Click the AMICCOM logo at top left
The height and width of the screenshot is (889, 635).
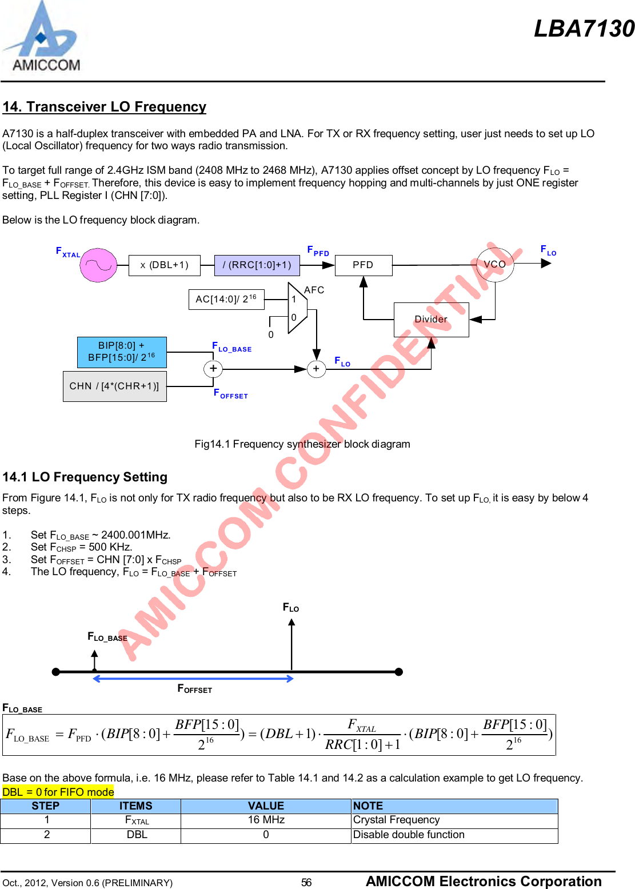(x=41, y=38)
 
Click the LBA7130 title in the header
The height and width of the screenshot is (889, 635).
(x=584, y=29)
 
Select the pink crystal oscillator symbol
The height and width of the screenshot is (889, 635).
(x=98, y=265)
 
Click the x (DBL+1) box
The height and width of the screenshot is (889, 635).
(x=165, y=265)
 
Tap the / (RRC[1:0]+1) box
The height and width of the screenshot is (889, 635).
(x=257, y=265)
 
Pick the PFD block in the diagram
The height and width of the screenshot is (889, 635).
(x=363, y=265)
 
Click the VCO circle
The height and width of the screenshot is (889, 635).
(x=495, y=265)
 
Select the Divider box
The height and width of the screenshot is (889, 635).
(x=431, y=320)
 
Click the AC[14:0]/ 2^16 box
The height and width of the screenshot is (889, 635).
(x=226, y=299)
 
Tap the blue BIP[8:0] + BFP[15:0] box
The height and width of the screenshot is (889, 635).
(x=122, y=352)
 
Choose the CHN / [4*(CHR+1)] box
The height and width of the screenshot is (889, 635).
(x=114, y=386)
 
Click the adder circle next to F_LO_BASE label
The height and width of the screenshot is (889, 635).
(x=213, y=369)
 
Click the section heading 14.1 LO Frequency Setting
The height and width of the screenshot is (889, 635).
(x=85, y=477)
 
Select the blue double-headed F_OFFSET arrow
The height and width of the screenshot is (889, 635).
(x=193, y=679)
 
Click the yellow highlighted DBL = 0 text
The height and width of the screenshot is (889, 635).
(x=58, y=792)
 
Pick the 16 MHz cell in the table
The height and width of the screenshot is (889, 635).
(x=266, y=820)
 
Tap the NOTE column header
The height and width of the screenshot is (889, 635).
(x=368, y=806)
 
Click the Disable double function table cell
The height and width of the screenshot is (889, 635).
(x=409, y=835)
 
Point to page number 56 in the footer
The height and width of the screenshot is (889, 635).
(x=306, y=882)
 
